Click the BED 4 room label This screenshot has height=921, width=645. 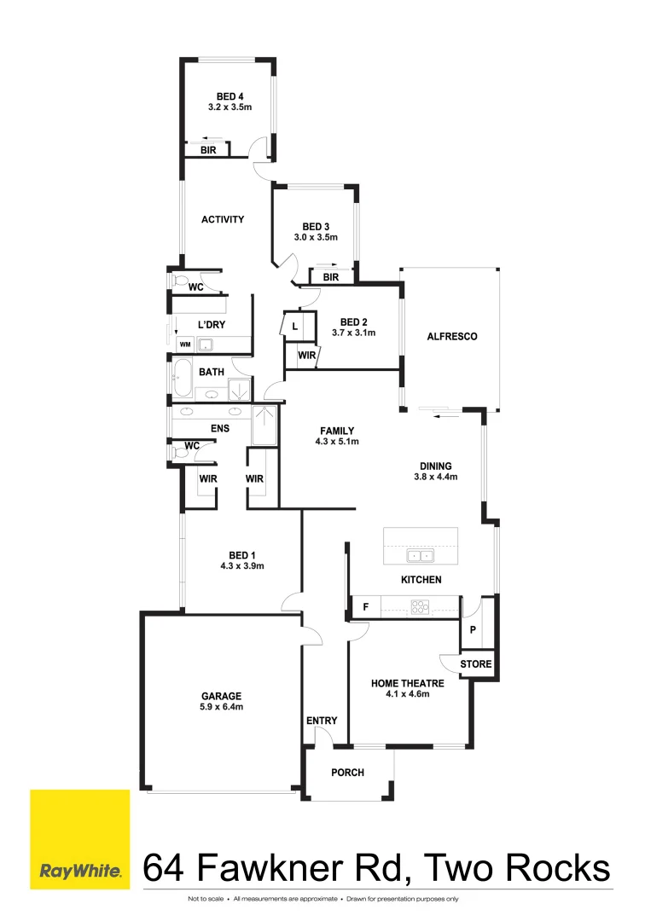click(x=230, y=96)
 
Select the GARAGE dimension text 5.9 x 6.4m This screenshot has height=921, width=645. click(x=222, y=707)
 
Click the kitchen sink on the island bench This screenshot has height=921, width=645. click(x=421, y=556)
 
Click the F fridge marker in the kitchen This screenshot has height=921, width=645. click(x=365, y=607)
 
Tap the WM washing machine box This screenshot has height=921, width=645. click(x=184, y=345)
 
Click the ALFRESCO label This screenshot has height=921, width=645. click(x=451, y=337)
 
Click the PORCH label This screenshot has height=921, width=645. click(x=347, y=773)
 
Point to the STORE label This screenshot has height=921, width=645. click(x=475, y=663)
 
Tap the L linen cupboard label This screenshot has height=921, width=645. click(x=294, y=327)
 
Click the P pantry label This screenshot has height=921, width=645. click(x=473, y=630)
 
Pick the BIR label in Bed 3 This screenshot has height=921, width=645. click(x=331, y=277)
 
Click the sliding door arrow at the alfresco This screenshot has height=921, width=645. click(x=445, y=416)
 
